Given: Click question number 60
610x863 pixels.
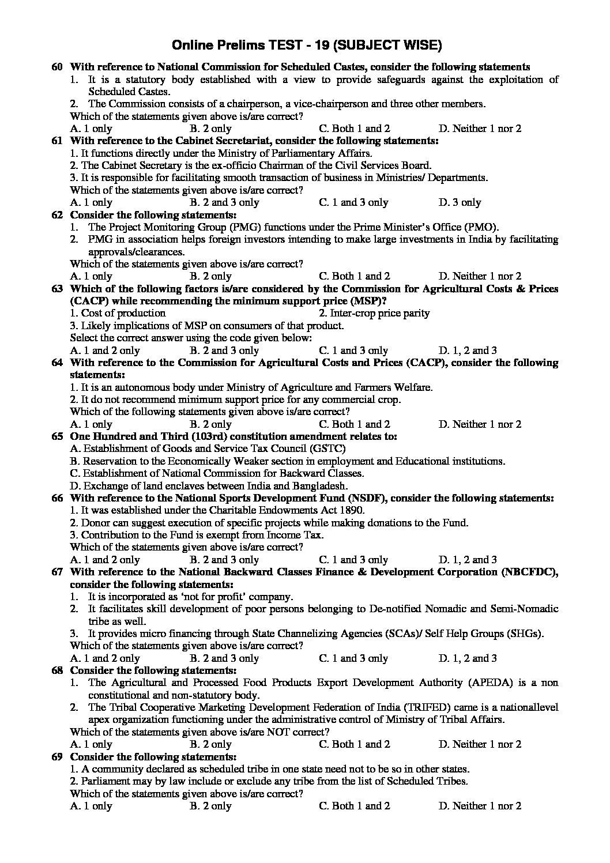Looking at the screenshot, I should tap(57, 67).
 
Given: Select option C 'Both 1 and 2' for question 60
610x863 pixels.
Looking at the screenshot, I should tap(354, 129).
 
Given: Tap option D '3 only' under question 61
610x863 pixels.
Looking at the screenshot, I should tap(460, 202).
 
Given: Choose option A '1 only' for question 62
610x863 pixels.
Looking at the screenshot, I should tap(91, 276).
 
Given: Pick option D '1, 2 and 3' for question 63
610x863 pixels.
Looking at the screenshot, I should tap(468, 351).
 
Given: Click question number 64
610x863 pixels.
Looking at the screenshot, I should tap(57, 363).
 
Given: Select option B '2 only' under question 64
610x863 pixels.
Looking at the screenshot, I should tap(210, 424).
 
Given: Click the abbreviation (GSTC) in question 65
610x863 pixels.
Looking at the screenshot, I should tap(328, 449).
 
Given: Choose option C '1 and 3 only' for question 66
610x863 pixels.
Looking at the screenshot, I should tap(353, 560).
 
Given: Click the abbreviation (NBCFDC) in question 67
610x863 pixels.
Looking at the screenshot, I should tap(529, 572).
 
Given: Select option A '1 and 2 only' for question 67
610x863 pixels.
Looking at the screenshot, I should tap(105, 658).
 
